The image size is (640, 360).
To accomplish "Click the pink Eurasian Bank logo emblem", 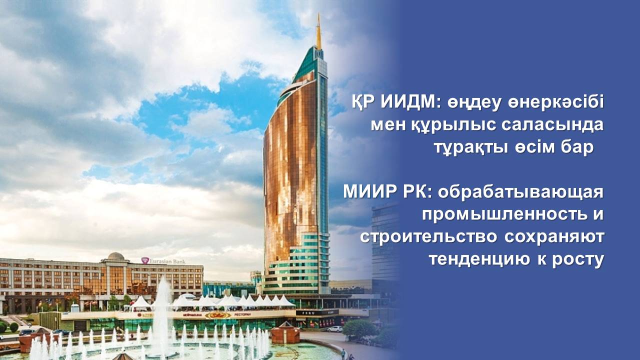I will tap(145, 260).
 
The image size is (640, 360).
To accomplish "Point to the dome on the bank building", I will tap(115, 256).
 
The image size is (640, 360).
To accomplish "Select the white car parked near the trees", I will tap(335, 328).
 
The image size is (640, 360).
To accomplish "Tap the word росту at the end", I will tap(575, 260).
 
